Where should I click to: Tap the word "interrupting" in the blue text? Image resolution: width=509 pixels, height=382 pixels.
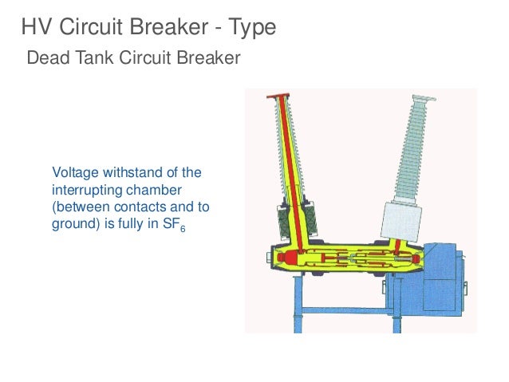coord(82,190)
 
